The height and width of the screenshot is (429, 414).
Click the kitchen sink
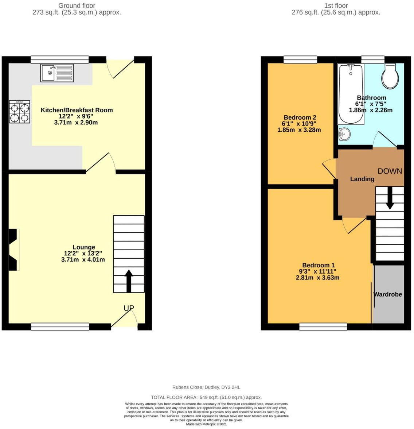coord(57,73)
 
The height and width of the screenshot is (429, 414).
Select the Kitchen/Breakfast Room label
coord(77,110)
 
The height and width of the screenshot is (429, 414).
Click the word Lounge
coord(83,247)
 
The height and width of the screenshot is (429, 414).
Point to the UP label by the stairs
coord(129,308)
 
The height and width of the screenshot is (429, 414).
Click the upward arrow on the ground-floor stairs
coord(129,281)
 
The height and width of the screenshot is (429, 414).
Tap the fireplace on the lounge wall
coord(13,250)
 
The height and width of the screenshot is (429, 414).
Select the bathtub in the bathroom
coord(351,94)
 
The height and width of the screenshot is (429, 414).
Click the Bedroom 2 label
coord(300,117)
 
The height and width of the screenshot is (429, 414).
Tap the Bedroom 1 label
coord(318,265)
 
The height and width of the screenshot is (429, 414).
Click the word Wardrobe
coord(388,294)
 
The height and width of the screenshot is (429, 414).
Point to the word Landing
coord(362,179)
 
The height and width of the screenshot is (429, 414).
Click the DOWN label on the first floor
coord(390,171)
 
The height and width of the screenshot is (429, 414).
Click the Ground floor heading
coord(77,5)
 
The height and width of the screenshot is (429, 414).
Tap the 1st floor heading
coord(336,5)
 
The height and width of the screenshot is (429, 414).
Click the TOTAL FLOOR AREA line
coord(206,397)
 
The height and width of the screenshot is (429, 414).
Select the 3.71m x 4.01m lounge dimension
coord(83,260)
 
